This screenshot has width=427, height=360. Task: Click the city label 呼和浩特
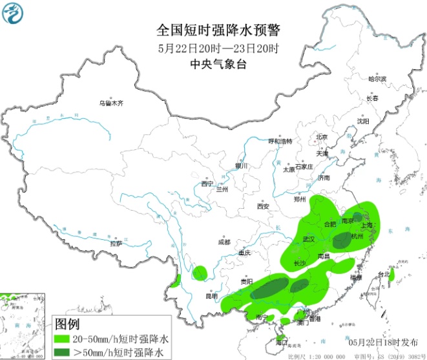click(x=280, y=141)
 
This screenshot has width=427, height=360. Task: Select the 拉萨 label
click(x=116, y=244)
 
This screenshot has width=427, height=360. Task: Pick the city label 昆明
click(x=212, y=297)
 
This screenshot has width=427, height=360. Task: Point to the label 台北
click(x=384, y=275)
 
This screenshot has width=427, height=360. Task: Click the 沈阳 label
click(x=363, y=121)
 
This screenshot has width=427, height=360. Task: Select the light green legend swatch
click(x=64, y=339)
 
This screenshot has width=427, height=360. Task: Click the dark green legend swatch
click(x=64, y=352)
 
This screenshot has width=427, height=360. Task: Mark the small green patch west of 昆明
click(x=200, y=272)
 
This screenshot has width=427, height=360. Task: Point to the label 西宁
click(x=207, y=184)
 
